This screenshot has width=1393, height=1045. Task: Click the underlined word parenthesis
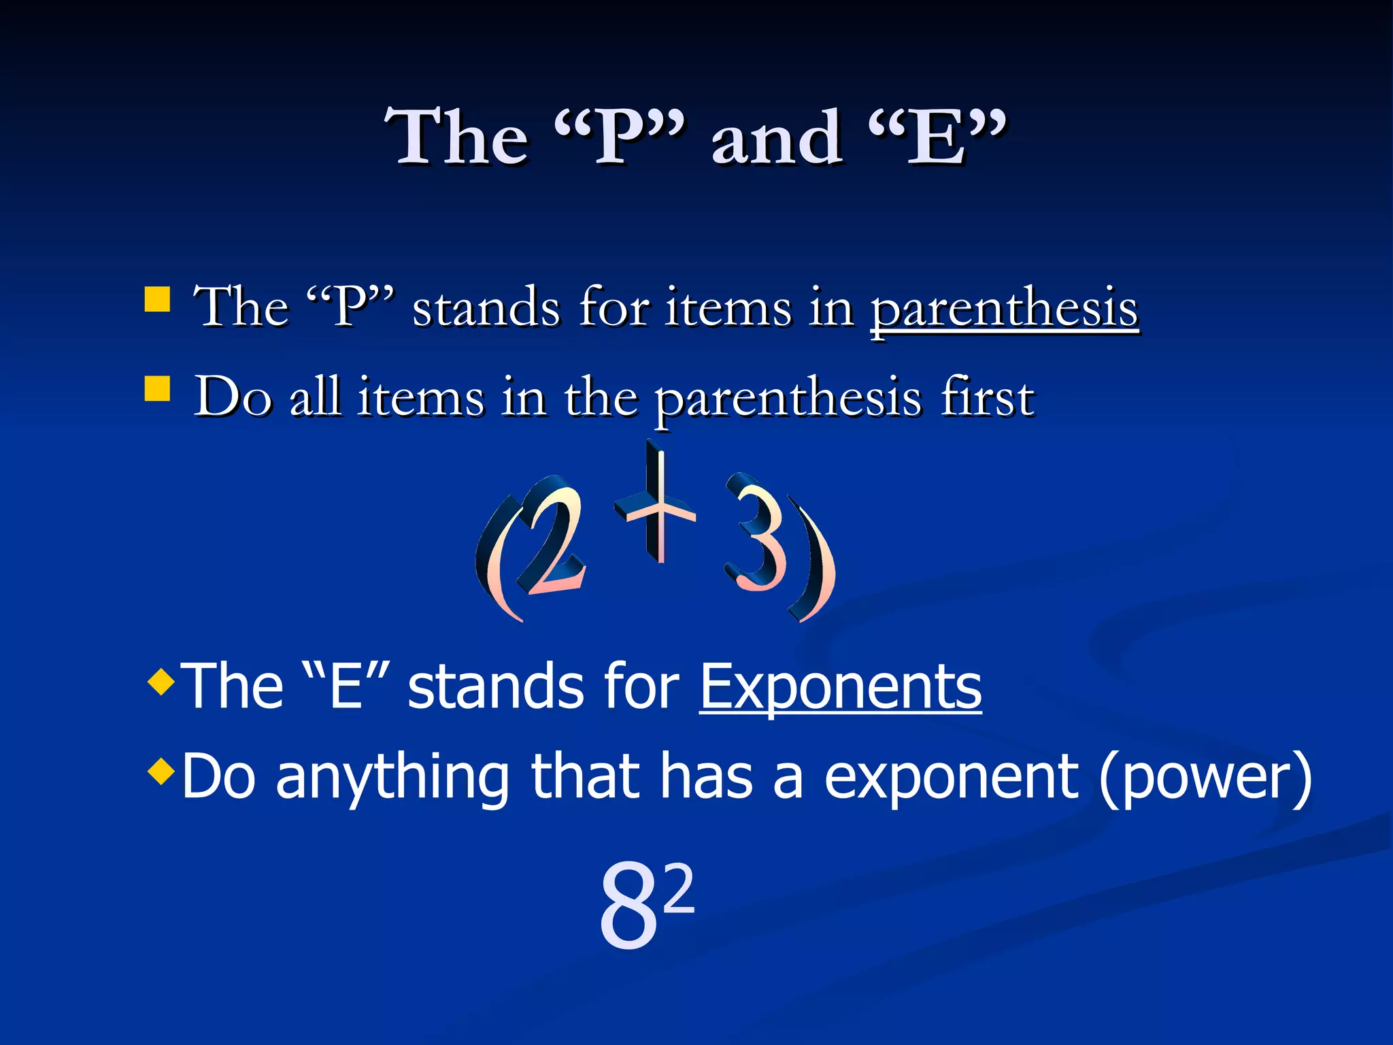(x=1004, y=310)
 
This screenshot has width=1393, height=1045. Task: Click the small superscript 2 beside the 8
(x=679, y=888)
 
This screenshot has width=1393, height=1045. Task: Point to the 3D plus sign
(x=656, y=507)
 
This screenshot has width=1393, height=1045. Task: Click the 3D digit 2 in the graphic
(x=554, y=541)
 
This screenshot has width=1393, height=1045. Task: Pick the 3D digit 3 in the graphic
(x=755, y=534)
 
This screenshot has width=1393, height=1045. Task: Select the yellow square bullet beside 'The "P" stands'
(x=157, y=299)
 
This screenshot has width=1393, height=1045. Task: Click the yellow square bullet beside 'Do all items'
(x=157, y=389)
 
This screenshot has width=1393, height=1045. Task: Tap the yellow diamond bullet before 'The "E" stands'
(x=161, y=681)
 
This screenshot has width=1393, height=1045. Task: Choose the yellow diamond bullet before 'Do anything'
(x=161, y=772)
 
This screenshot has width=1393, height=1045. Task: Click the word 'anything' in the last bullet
(x=392, y=777)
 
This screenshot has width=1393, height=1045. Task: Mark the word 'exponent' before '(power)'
(x=951, y=777)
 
